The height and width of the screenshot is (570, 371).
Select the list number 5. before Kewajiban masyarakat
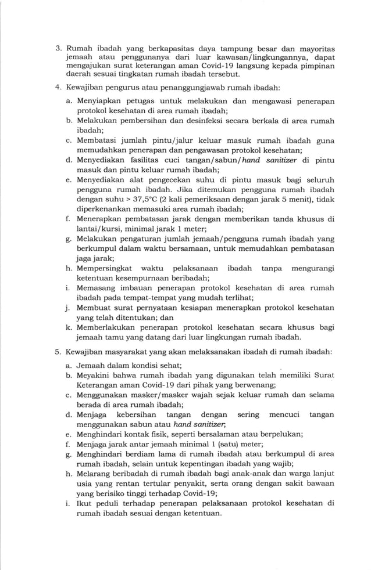[58, 352]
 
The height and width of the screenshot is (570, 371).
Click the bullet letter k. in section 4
[69, 327]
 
